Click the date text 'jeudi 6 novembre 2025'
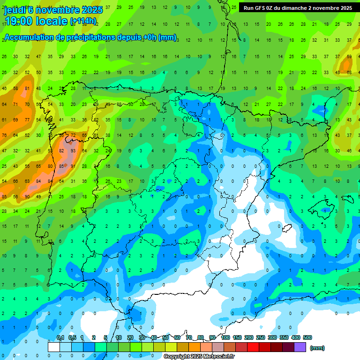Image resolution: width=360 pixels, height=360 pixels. click(x=53, y=10)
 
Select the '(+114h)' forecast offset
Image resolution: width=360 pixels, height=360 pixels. click(x=83, y=21)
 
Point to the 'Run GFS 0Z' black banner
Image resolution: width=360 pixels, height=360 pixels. click(x=298, y=8)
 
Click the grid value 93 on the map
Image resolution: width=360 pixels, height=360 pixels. click(x=73, y=151)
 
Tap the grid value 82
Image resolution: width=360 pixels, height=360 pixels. click(x=61, y=151)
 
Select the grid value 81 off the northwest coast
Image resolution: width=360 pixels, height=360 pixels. click(x=27, y=89)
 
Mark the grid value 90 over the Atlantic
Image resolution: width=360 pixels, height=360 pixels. click(x=27, y=197)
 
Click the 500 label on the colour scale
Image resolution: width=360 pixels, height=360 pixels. click(x=307, y=337)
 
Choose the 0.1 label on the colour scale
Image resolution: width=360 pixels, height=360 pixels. click(x=60, y=337)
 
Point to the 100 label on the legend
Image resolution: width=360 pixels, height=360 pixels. click(x=225, y=337)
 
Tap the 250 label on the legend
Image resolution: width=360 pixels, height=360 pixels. click(x=260, y=337)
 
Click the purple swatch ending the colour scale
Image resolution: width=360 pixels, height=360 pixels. click(x=300, y=347)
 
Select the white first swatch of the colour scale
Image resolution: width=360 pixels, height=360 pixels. click(x=54, y=347)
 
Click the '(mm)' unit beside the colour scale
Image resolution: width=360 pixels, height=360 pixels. click(x=317, y=348)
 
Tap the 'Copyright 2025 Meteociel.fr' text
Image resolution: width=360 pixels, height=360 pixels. click(x=199, y=357)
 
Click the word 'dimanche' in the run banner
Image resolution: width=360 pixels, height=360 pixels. click(x=307, y=8)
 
